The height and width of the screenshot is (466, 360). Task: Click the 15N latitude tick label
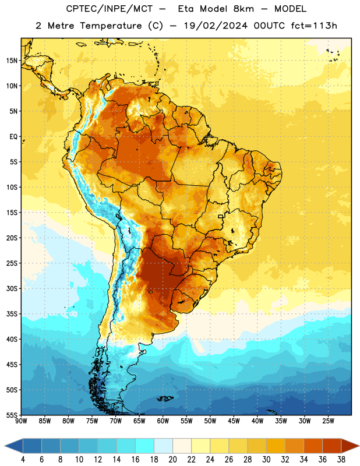(12, 61)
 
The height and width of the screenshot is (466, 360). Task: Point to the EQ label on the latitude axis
(13, 137)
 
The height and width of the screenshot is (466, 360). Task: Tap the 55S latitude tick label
(12, 415)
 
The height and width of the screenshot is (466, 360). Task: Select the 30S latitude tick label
(12, 288)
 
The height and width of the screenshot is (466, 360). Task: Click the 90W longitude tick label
(21, 421)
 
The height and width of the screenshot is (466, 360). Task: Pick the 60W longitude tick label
(163, 421)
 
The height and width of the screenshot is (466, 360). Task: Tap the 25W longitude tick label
(328, 421)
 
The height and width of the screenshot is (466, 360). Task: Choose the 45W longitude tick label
(234, 421)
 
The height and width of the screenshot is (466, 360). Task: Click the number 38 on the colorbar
(341, 460)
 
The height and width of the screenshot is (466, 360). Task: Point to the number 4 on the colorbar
(23, 460)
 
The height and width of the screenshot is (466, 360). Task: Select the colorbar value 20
(172, 460)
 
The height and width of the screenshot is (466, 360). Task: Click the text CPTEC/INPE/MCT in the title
(109, 9)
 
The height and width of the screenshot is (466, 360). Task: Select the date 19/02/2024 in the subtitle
(216, 26)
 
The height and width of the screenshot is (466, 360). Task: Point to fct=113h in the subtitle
(314, 26)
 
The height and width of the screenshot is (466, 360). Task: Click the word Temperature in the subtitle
(111, 26)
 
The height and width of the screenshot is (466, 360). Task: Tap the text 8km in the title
(243, 9)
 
